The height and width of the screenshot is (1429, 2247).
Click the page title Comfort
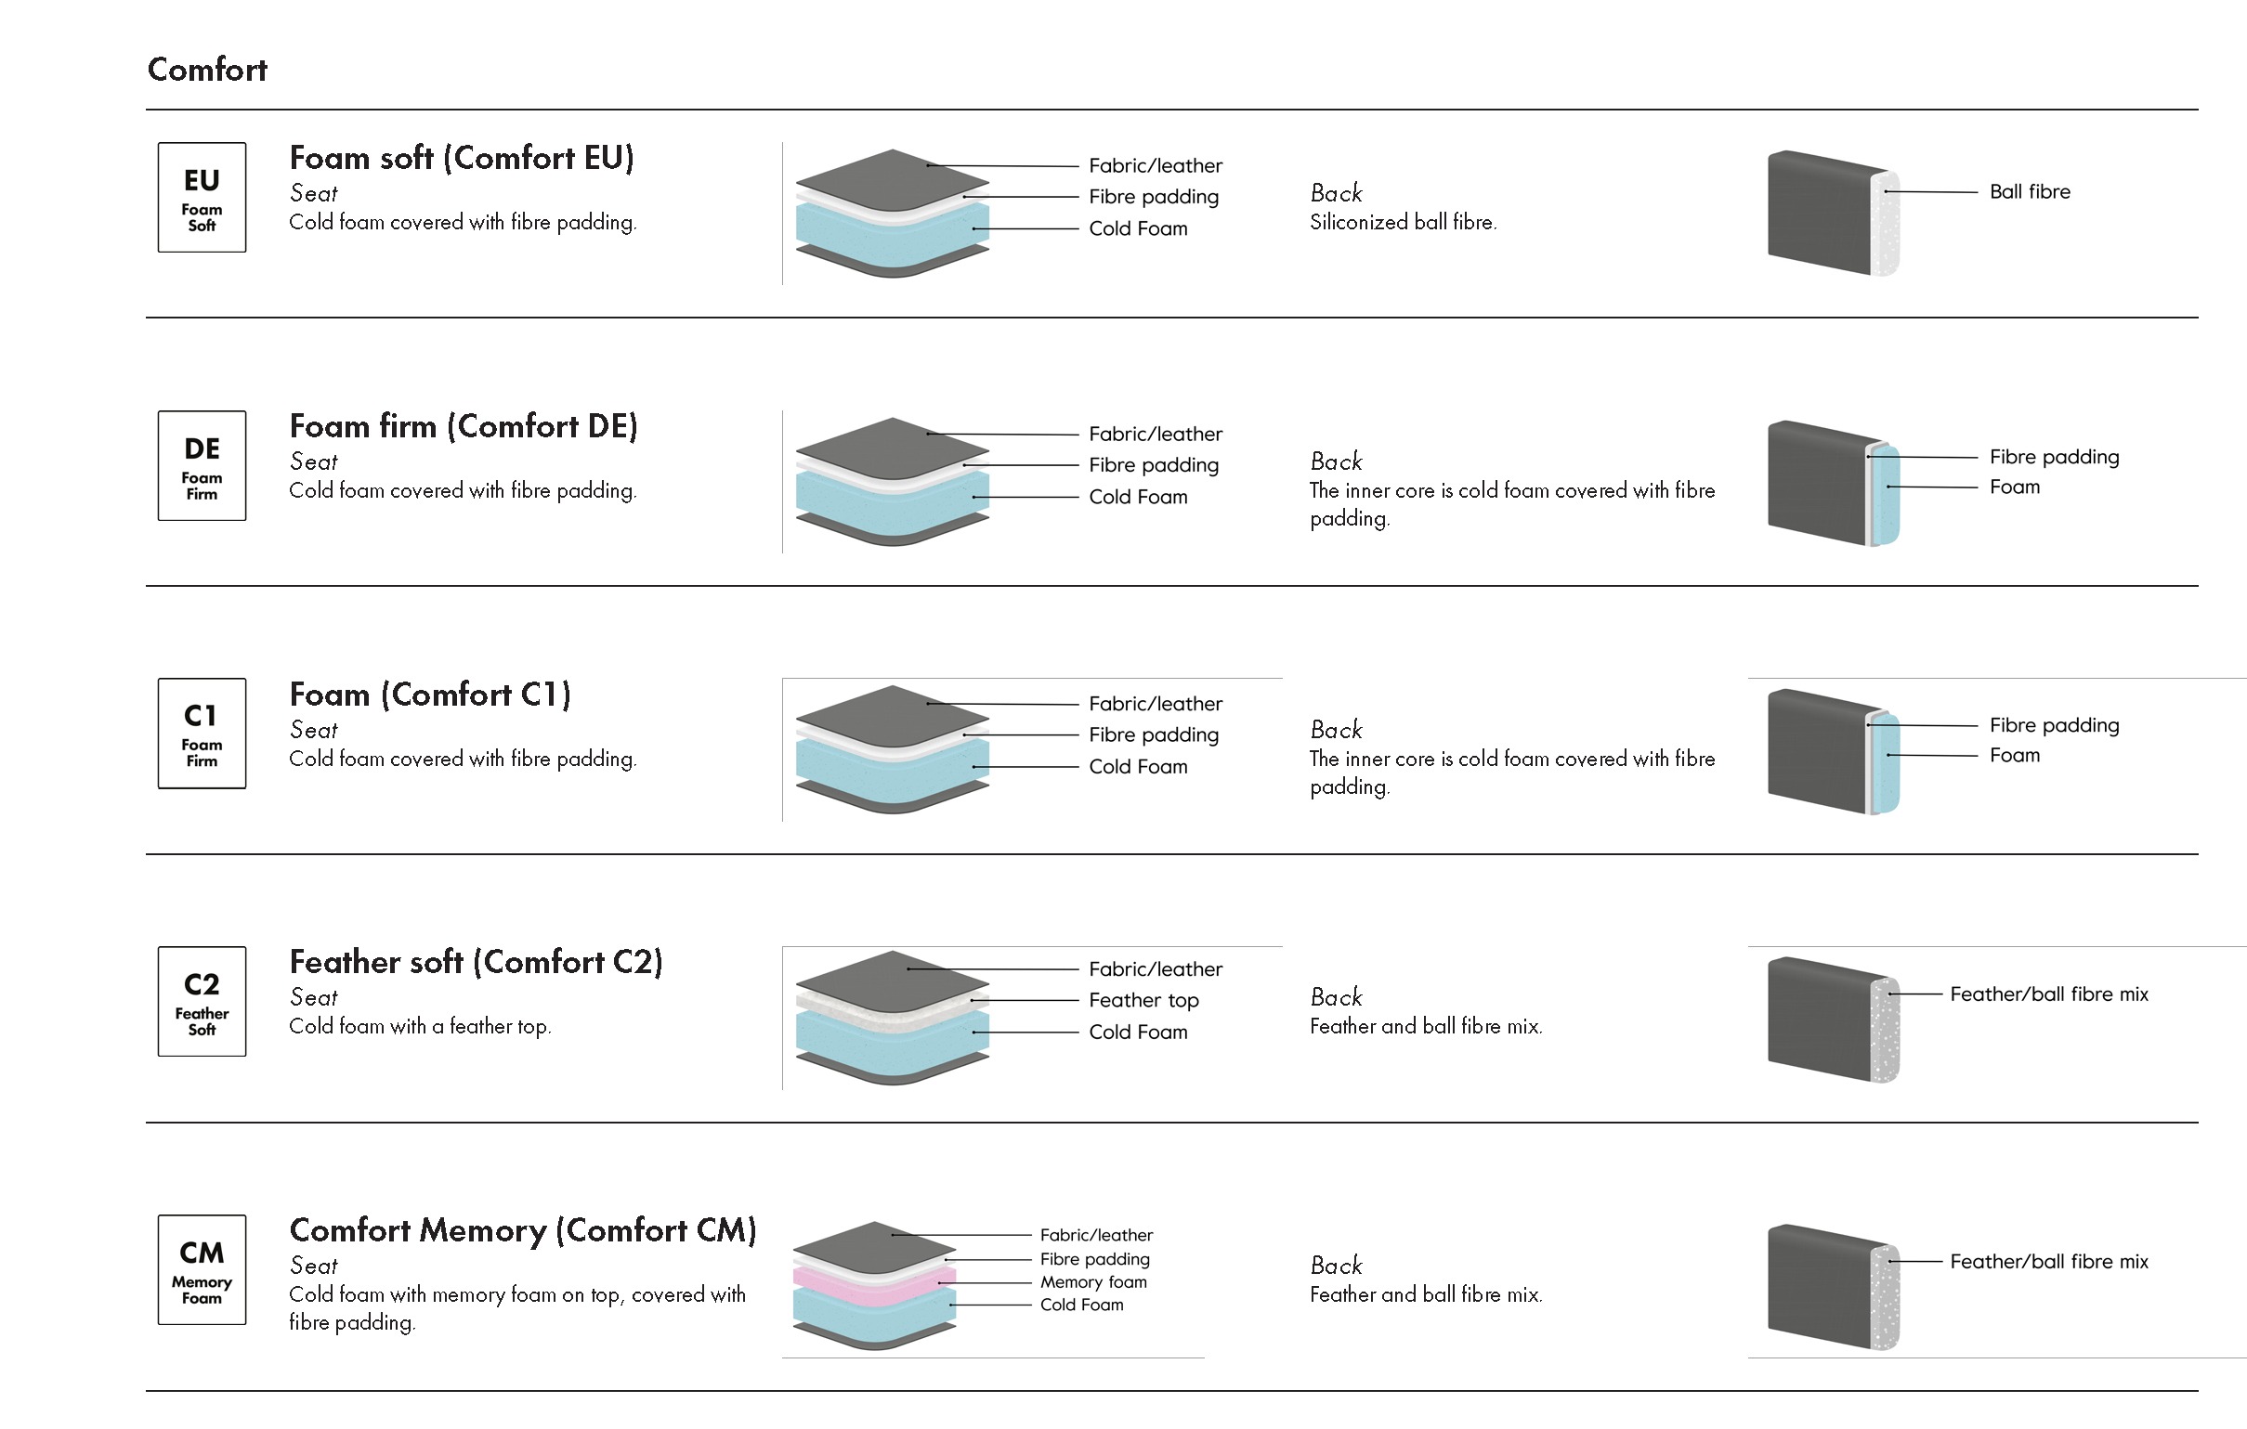click(207, 70)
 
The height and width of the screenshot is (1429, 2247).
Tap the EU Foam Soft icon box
click(202, 198)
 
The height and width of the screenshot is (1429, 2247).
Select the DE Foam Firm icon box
click(202, 465)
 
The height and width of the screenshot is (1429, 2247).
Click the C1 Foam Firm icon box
click(202, 734)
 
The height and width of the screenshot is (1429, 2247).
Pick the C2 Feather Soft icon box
click(202, 1002)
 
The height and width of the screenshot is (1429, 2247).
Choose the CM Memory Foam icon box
click(202, 1269)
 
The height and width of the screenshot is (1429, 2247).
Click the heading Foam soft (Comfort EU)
click(462, 158)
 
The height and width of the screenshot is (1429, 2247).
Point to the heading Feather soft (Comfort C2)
click(476, 962)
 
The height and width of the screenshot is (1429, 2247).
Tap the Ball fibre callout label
click(2030, 191)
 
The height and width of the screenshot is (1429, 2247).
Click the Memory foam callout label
click(1093, 1281)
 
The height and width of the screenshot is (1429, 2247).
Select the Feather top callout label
click(1143, 1000)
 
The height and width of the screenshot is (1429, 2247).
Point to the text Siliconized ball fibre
click(1403, 222)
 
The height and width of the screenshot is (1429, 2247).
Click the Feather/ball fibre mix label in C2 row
click(2048, 994)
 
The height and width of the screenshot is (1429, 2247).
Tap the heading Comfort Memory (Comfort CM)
click(523, 1230)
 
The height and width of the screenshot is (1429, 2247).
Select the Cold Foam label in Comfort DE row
click(1138, 497)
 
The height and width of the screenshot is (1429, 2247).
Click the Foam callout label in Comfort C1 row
click(2014, 756)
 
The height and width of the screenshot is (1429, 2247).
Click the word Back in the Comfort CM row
click(1336, 1266)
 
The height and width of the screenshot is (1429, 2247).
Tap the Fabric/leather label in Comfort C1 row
click(1156, 703)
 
